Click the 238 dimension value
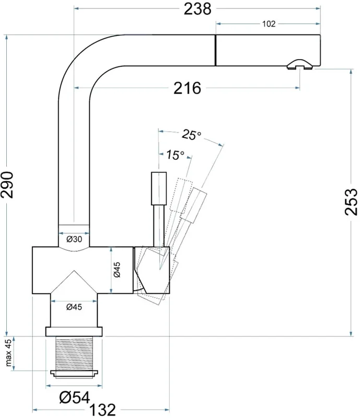pos(198,9)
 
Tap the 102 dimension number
pos(269,24)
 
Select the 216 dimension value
pos(187,88)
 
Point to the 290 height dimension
pos(7,185)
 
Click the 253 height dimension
pos(351,202)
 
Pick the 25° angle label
pos(191,135)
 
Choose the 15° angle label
pos(175,155)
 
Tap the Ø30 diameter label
pos(74,239)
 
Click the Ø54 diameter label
pos(74,398)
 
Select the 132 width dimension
pos(102,410)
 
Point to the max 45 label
pos(8,353)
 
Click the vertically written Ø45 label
pos(117,270)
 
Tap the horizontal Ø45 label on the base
pos(74,307)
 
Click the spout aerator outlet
pos(300,65)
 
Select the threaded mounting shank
pos(74,353)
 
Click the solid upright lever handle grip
pos(159,189)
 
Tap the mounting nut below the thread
pos(74,374)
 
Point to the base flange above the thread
pos(74,332)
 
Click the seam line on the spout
pos(215,50)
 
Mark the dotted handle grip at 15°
pos(181,195)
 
